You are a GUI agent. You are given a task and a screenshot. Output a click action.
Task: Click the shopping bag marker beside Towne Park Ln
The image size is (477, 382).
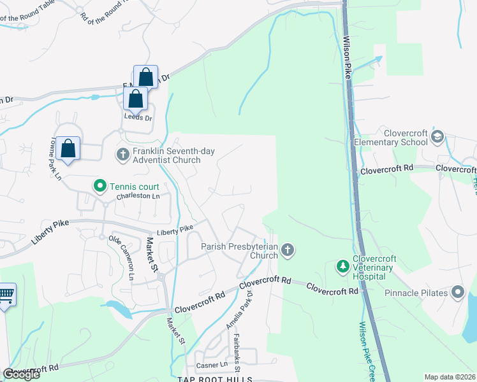point(68,149)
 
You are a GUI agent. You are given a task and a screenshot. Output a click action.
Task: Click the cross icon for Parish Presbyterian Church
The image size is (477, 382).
point(288,250)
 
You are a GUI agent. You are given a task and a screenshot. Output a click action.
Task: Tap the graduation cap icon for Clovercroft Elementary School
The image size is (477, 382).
point(437,136)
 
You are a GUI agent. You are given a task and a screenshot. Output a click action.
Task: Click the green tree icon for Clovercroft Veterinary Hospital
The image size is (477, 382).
point(342,266)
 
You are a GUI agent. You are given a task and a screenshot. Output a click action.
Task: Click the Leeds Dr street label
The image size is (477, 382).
point(138,118)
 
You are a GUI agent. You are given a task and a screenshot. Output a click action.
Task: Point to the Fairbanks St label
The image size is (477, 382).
point(235,353)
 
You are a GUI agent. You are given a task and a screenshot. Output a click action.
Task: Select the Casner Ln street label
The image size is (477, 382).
point(211,365)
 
